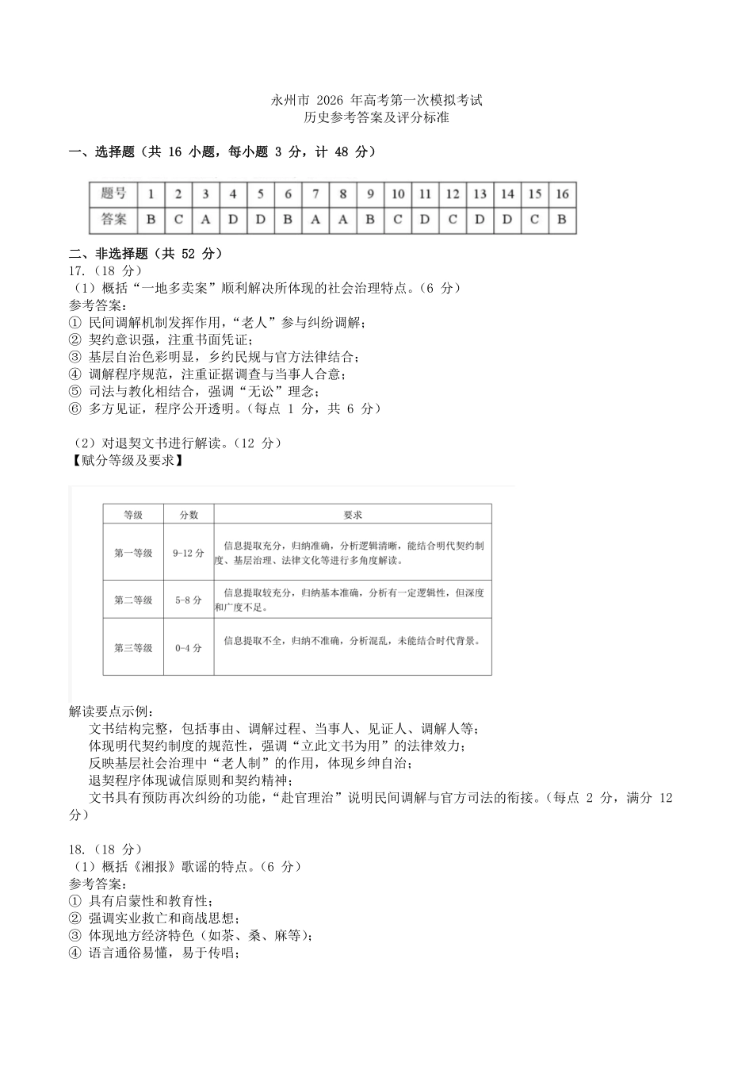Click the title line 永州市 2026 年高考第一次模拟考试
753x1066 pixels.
click(376, 101)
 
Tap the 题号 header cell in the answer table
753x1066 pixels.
click(113, 194)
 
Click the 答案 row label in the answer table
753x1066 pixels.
click(113, 220)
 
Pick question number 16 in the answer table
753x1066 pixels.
click(561, 194)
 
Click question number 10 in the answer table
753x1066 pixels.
click(397, 194)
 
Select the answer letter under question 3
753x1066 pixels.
click(205, 220)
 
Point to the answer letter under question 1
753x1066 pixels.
click(151, 220)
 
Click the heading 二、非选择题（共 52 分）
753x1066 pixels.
click(146, 254)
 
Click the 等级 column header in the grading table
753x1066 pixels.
click(133, 515)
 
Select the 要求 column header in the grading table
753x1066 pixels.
click(353, 515)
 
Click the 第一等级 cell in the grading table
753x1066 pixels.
click(133, 553)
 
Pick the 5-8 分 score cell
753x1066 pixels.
click(189, 600)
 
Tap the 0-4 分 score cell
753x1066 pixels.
click(189, 648)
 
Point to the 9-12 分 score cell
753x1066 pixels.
click(189, 553)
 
